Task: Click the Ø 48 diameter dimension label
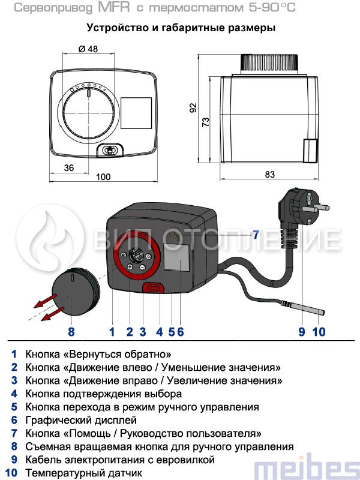pos(88,49)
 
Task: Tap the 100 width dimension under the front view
pos(103,176)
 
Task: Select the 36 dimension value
pos(69,168)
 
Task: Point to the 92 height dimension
pos(193,108)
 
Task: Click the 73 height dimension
pos(206,122)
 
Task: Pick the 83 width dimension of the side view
pos(269,174)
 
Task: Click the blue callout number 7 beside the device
pos(256,235)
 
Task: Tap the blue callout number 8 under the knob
pos(71,332)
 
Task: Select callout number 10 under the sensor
pos(319,332)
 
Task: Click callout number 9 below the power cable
pos(302,332)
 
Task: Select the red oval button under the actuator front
pos(153,288)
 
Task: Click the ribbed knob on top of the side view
pos(269,64)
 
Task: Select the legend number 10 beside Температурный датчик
pos(11,473)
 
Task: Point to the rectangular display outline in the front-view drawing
pos(136,113)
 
